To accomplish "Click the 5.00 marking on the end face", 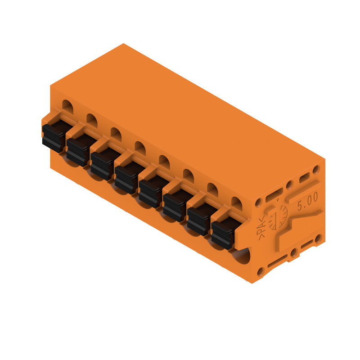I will pyautogui.click(x=307, y=201).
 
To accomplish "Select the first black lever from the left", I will pyautogui.click(x=54, y=137).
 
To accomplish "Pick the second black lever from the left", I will pyautogui.click(x=78, y=150).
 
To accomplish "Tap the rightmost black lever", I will pyautogui.click(x=223, y=233).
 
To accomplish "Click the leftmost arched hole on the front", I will pyautogui.click(x=67, y=106).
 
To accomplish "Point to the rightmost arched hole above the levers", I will pyautogui.click(x=237, y=204).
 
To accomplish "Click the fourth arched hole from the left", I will pyautogui.click(x=140, y=148).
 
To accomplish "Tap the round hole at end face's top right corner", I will pyautogui.click(x=316, y=170).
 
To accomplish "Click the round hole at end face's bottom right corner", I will pyautogui.click(x=318, y=238).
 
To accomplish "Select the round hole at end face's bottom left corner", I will pyautogui.click(x=261, y=271).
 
